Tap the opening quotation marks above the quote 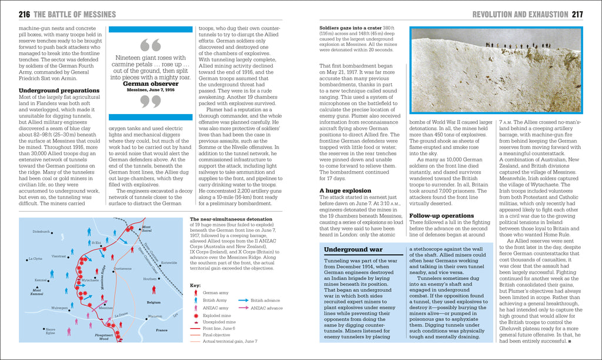(151, 45)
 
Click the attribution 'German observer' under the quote (151, 84)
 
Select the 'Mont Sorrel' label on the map (146, 228)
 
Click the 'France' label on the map (161, 330)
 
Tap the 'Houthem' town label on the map (150, 279)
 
